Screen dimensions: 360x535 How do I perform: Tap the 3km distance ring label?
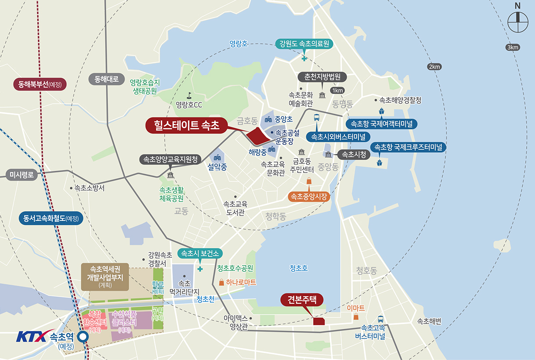[512, 47]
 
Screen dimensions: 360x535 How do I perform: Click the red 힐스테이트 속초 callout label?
[186, 126]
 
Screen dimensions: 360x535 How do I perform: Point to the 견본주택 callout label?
[302, 300]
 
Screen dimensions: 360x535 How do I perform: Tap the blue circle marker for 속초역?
[83, 337]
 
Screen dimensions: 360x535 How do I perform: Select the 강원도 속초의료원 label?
[304, 44]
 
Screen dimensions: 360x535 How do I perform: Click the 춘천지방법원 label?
[322, 76]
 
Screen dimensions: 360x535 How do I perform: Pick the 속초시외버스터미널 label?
[338, 137]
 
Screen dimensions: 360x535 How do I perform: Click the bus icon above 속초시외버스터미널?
[316, 118]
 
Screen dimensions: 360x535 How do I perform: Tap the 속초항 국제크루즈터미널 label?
[408, 147]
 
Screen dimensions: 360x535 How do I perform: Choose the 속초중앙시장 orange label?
[309, 197]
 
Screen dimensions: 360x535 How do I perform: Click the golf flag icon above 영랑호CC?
[189, 94]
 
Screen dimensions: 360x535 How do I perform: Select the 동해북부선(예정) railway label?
[40, 84]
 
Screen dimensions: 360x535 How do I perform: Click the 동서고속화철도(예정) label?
[51, 218]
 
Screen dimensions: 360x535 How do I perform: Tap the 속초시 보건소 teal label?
[200, 253]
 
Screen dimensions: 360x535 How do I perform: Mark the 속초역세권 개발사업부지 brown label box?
[105, 277]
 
